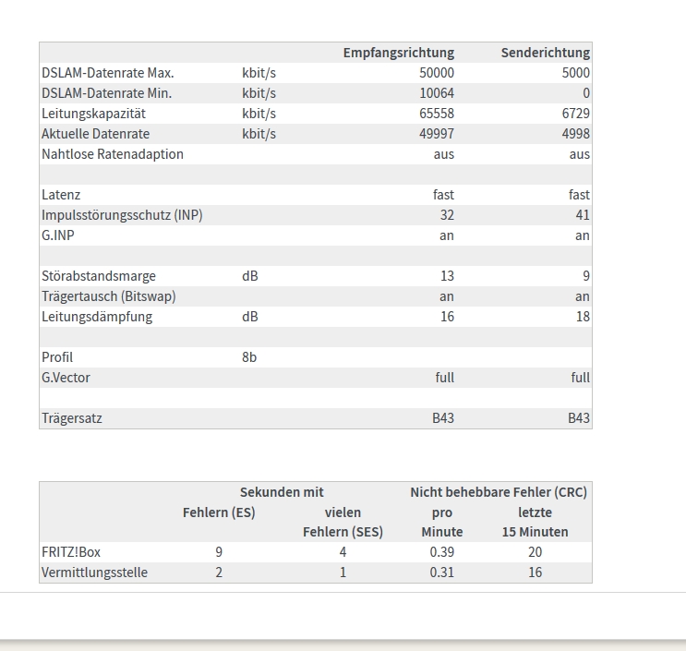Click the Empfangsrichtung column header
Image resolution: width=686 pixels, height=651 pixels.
pos(398,53)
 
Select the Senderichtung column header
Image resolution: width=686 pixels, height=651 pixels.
pos(545,53)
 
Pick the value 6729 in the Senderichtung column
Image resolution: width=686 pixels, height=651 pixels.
pos(575,114)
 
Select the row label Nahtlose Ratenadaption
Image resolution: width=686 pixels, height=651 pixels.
pos(113,154)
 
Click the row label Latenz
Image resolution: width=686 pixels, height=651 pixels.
pos(61,195)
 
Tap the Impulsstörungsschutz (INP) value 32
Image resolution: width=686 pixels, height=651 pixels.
pos(446,215)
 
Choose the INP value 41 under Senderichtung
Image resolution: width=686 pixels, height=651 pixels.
pos(582,215)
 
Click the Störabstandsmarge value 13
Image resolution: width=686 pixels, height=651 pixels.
pos(446,276)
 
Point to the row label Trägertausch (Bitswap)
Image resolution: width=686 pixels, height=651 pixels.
pos(109,296)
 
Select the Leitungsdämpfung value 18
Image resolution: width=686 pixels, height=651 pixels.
pos(582,317)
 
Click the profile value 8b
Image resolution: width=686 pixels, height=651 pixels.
pos(249,357)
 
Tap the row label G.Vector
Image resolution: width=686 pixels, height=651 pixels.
pos(66,378)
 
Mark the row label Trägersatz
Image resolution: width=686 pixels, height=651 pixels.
pos(72,418)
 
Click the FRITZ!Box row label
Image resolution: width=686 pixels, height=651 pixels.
pos(71,552)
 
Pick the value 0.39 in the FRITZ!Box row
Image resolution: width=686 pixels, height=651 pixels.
pos(441,552)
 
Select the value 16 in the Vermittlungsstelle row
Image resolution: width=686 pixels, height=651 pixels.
pos(535,573)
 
